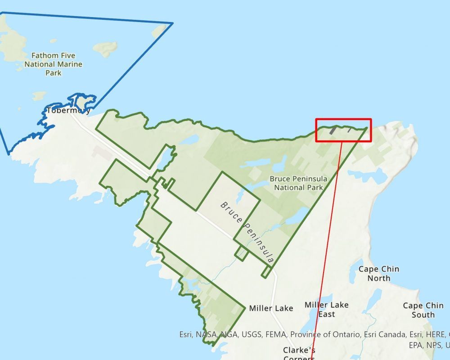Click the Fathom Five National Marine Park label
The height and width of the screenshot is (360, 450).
53,64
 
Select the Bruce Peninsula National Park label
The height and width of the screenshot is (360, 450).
298,183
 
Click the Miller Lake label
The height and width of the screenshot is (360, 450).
271,308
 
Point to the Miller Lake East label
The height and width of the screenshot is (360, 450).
326,310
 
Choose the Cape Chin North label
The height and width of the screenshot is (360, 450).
378,273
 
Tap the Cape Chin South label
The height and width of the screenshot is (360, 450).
423,310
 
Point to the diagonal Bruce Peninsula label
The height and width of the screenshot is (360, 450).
247,232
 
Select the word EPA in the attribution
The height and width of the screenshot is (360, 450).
416,345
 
